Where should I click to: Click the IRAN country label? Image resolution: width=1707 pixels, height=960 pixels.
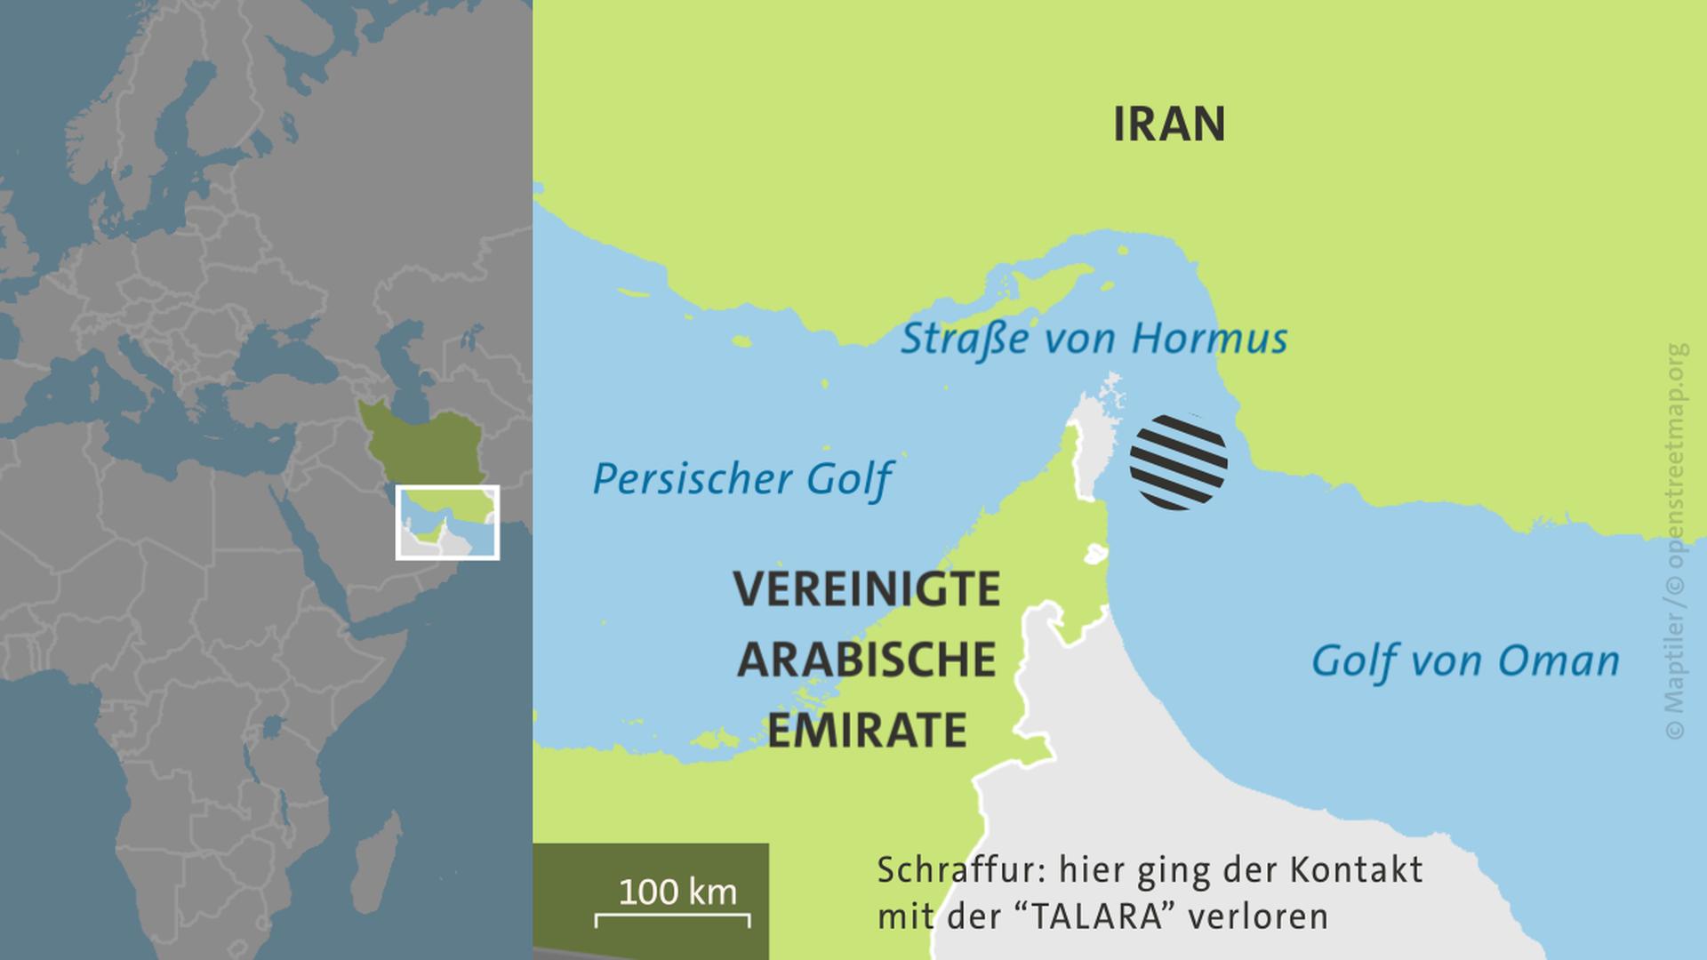pyautogui.click(x=1169, y=124)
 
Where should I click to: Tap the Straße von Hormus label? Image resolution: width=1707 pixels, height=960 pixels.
pyautogui.click(x=1094, y=339)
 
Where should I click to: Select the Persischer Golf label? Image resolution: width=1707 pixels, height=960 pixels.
pyautogui.click(x=741, y=479)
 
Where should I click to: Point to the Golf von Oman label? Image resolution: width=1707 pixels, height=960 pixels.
pyautogui.click(x=1465, y=661)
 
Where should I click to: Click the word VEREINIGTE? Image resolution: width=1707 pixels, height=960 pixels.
pyautogui.click(x=867, y=589)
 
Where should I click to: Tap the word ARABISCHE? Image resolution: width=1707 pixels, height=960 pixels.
pyautogui.click(x=867, y=660)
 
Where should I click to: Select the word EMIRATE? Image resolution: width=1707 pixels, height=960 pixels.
pyautogui.click(x=867, y=731)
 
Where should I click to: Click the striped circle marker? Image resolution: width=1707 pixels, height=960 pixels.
pyautogui.click(x=1178, y=462)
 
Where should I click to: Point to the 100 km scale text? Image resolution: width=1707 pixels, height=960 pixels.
pyautogui.click(x=677, y=892)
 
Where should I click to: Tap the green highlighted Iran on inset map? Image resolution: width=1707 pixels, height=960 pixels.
pyautogui.click(x=418, y=440)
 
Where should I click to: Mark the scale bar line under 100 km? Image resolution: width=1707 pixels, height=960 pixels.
pyautogui.click(x=672, y=916)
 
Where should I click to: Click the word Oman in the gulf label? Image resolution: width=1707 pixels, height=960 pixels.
pyautogui.click(x=1559, y=661)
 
